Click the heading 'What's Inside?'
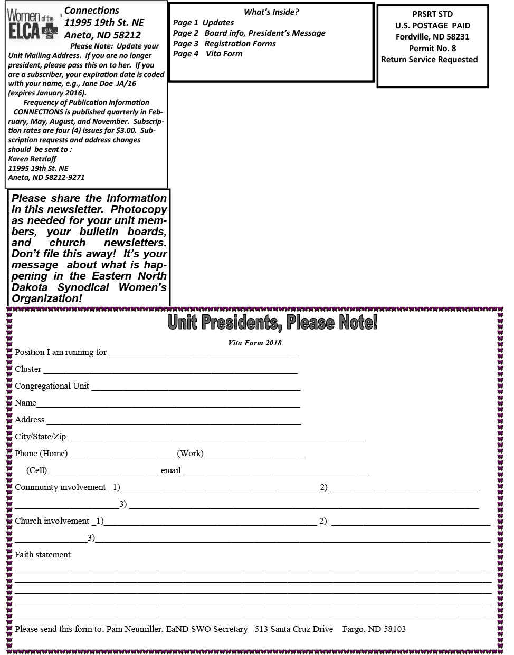(271, 12)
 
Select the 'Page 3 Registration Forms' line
(224, 43)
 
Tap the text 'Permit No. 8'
(432, 48)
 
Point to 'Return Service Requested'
(429, 60)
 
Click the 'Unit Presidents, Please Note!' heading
(272, 322)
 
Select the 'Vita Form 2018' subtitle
(254, 343)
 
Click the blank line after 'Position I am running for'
(204, 353)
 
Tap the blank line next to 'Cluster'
(170, 370)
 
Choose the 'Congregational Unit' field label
(52, 386)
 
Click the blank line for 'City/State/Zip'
(216, 438)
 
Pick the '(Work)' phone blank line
(256, 455)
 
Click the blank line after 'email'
(276, 471)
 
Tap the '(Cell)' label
(36, 470)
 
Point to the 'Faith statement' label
(42, 555)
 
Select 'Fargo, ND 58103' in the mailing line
(374, 629)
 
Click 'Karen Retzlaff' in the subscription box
(32, 159)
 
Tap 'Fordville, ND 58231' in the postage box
(432, 37)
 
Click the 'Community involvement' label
(60, 487)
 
